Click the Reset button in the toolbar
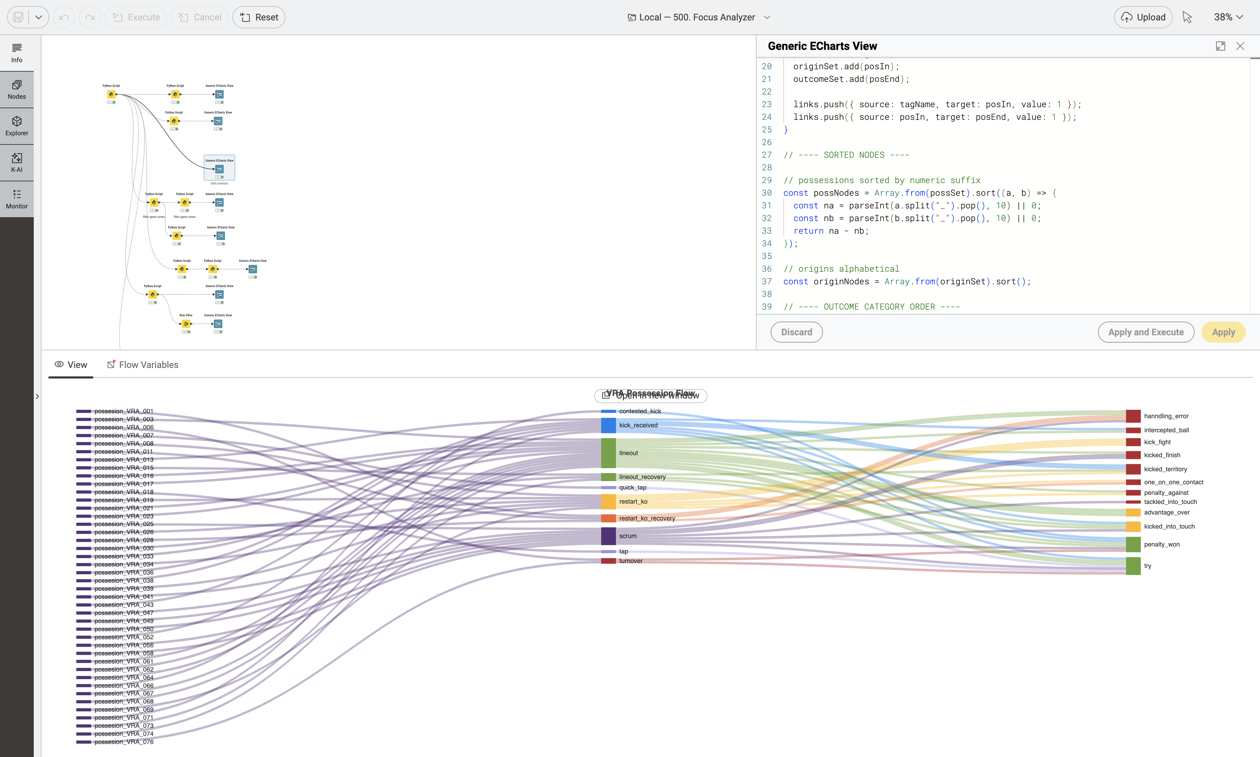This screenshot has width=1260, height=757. tap(259, 17)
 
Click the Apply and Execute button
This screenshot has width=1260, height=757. tap(1145, 332)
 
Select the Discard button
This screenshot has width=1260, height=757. tap(796, 332)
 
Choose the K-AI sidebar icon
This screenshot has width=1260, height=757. tap(17, 162)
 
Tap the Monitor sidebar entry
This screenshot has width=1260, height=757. tap(17, 199)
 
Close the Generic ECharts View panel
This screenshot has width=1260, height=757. tap(1240, 46)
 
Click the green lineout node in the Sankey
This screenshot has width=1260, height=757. tap(608, 453)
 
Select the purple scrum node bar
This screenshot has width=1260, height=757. tap(608, 536)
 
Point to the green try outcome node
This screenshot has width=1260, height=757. tap(1133, 566)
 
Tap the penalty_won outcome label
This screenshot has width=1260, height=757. tap(1162, 544)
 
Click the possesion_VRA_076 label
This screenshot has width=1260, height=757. tap(123, 742)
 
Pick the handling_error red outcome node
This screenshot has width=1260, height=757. tap(1133, 416)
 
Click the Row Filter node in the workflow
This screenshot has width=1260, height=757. tap(186, 324)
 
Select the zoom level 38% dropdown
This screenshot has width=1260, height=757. tap(1228, 17)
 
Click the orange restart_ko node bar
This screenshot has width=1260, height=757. tap(608, 502)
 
